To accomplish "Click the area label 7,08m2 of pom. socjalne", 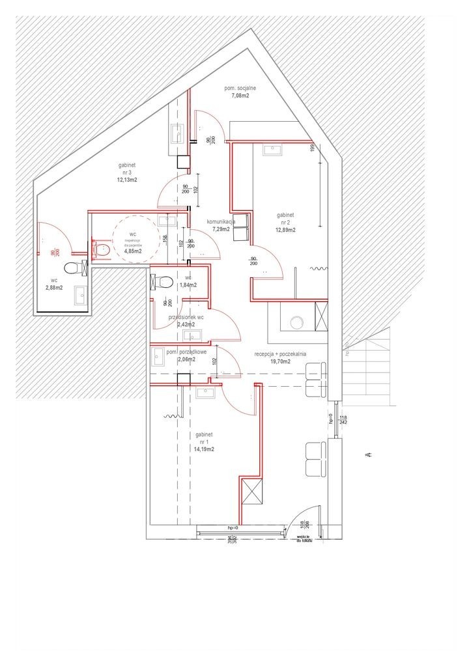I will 240,96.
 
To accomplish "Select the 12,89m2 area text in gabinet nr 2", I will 285,230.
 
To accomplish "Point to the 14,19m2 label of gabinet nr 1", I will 203,449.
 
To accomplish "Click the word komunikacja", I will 226,222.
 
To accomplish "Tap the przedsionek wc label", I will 187,317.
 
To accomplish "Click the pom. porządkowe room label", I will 187,352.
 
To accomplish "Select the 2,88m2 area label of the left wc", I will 54,287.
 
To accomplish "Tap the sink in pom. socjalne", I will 177,133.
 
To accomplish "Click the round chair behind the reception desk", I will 297,322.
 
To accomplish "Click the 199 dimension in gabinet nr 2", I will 313,148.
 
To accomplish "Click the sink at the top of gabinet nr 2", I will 270,150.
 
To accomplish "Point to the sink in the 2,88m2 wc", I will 81,294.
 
